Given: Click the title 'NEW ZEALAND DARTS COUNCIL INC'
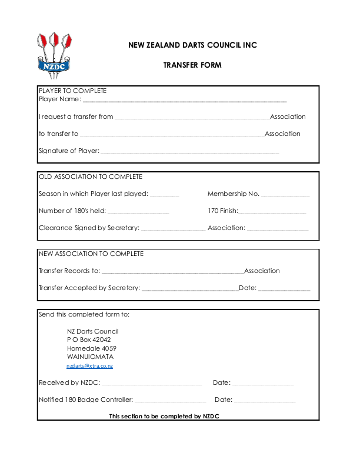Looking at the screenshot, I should [x=192, y=45].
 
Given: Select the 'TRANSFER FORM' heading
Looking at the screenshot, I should [x=192, y=65].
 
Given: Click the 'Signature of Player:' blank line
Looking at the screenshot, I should [x=189, y=152].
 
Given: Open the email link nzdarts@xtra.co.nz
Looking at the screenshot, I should [x=89, y=366].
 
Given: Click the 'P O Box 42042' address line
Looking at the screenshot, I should [x=89, y=339].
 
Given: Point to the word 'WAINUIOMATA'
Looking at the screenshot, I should [x=91, y=357].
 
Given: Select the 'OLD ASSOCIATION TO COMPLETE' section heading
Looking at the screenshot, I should [x=91, y=177].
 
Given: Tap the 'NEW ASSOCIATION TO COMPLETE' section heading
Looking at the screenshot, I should [x=91, y=254].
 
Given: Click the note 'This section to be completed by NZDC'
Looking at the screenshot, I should [x=164, y=417].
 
